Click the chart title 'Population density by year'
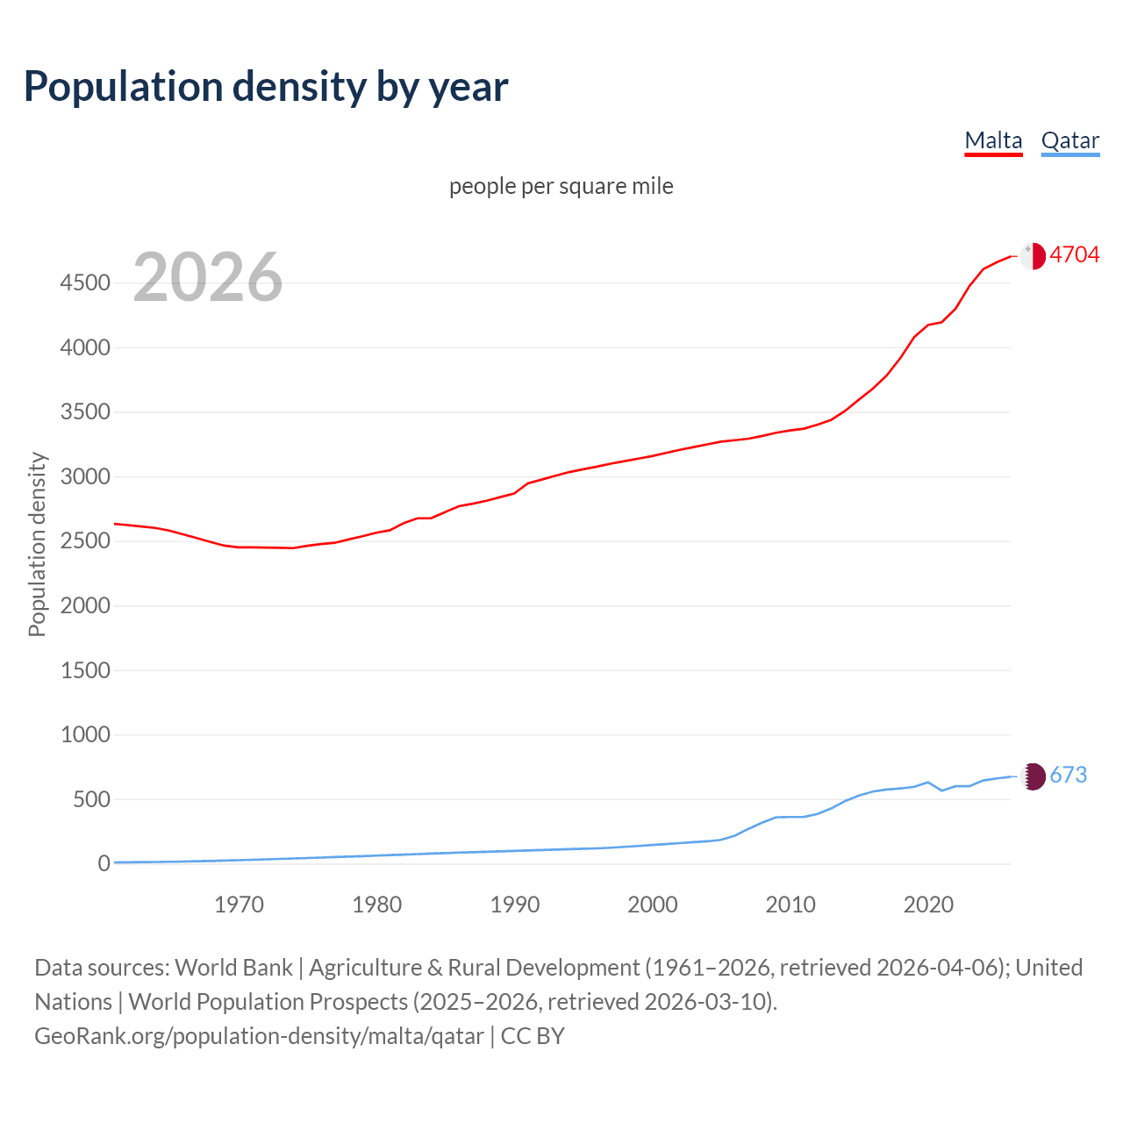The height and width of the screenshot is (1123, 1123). pyautogui.click(x=266, y=87)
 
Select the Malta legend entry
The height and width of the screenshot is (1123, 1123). pyautogui.click(x=993, y=140)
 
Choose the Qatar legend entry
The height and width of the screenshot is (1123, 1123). pyautogui.click(x=1069, y=140)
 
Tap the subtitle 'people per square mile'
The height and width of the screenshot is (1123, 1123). pyautogui.click(x=561, y=186)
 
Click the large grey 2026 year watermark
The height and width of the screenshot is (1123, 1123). pyautogui.click(x=208, y=277)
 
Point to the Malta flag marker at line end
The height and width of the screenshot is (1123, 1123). pyautogui.click(x=1033, y=255)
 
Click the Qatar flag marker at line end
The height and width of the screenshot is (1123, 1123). pyautogui.click(x=1034, y=776)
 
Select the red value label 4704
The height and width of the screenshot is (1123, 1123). pyautogui.click(x=1074, y=254)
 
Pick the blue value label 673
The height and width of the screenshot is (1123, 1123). pyautogui.click(x=1068, y=775)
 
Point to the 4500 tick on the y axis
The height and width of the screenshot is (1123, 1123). pyautogui.click(x=85, y=283)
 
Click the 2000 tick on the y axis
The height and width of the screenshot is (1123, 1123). pyautogui.click(x=85, y=605)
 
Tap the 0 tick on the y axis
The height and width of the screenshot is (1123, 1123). pyautogui.click(x=104, y=863)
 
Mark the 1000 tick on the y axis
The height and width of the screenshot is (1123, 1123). pyautogui.click(x=85, y=734)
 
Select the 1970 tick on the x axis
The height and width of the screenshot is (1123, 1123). pyautogui.click(x=239, y=905)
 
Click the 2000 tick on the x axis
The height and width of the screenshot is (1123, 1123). pyautogui.click(x=652, y=905)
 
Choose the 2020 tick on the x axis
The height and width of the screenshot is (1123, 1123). pyautogui.click(x=928, y=905)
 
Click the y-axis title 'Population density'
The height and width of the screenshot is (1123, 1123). pyautogui.click(x=37, y=544)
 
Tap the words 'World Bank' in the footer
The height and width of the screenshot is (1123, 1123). pyautogui.click(x=233, y=968)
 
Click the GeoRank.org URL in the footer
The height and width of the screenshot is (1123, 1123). pyautogui.click(x=259, y=1036)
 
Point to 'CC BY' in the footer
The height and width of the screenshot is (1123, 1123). pyautogui.click(x=533, y=1036)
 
